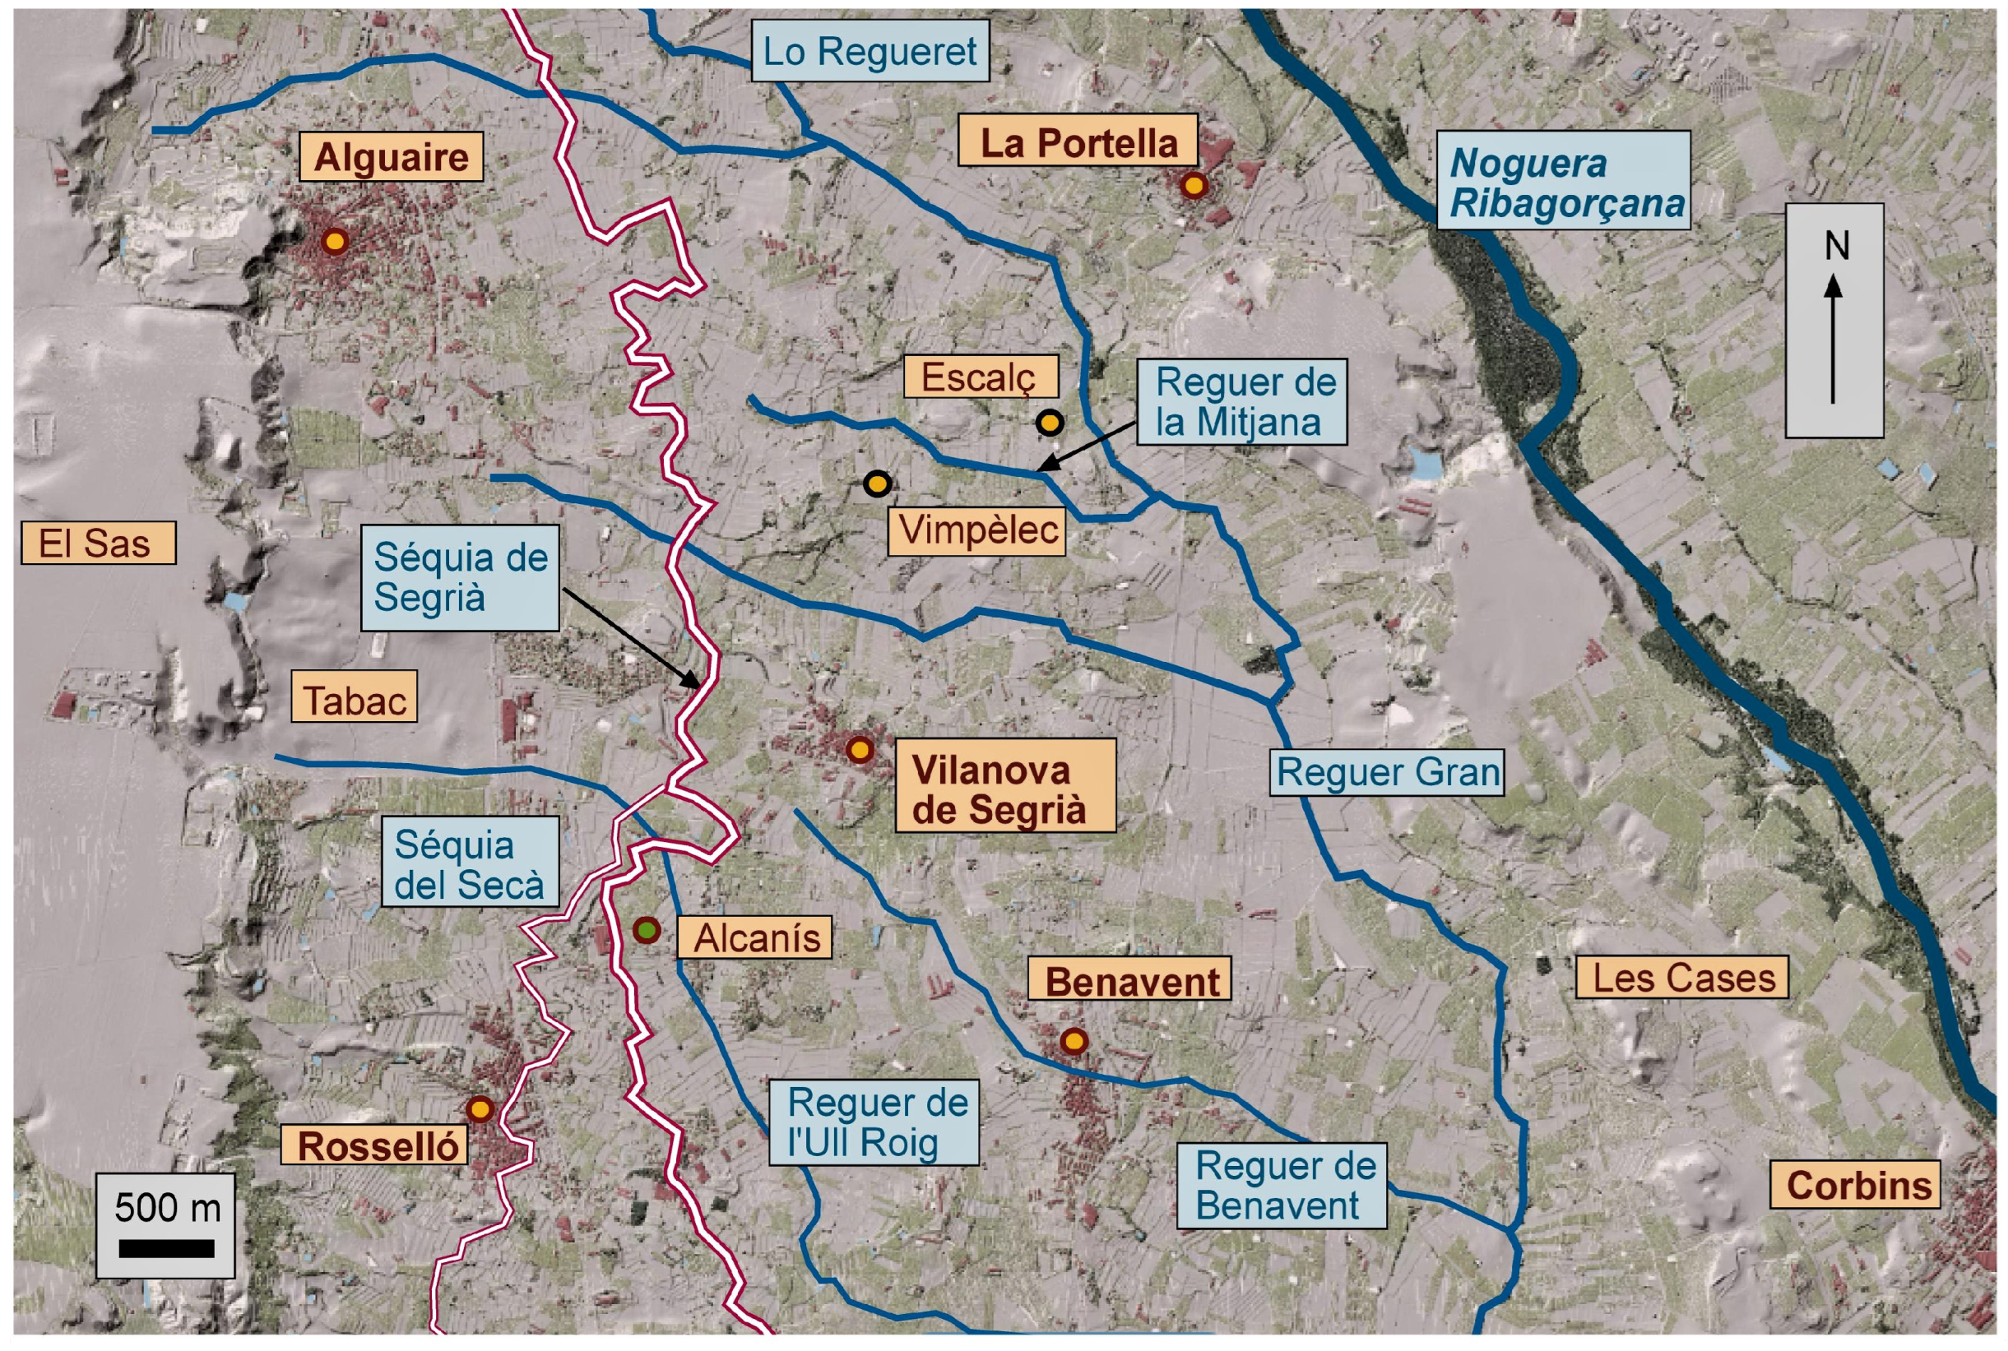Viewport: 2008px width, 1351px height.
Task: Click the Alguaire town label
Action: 391,157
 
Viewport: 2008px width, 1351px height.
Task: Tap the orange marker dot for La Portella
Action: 1193,185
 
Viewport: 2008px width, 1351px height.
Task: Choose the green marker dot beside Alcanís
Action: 647,931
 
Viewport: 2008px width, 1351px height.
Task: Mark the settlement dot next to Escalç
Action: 1049,422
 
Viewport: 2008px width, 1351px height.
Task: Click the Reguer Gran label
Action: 1387,772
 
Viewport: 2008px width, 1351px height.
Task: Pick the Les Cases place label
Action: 1682,977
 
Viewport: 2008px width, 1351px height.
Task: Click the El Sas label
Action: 97,543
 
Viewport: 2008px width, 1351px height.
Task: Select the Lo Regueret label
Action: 870,52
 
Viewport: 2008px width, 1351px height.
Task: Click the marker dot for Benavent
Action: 1073,1042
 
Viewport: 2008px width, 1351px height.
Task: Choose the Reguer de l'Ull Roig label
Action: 874,1122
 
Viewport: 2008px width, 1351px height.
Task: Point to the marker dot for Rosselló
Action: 480,1109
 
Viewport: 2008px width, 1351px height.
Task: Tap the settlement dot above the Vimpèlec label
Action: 877,483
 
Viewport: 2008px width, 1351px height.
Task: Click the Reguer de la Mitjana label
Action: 1242,402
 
